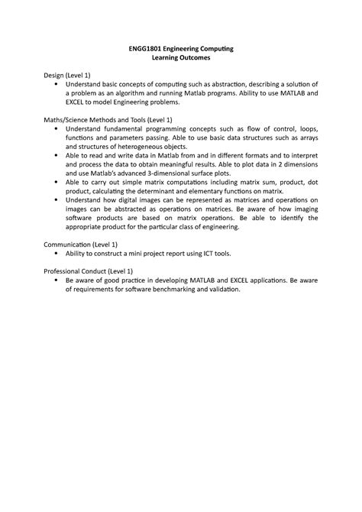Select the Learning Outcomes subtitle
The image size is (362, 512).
point(180,59)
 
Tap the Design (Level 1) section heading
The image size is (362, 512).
point(68,76)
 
